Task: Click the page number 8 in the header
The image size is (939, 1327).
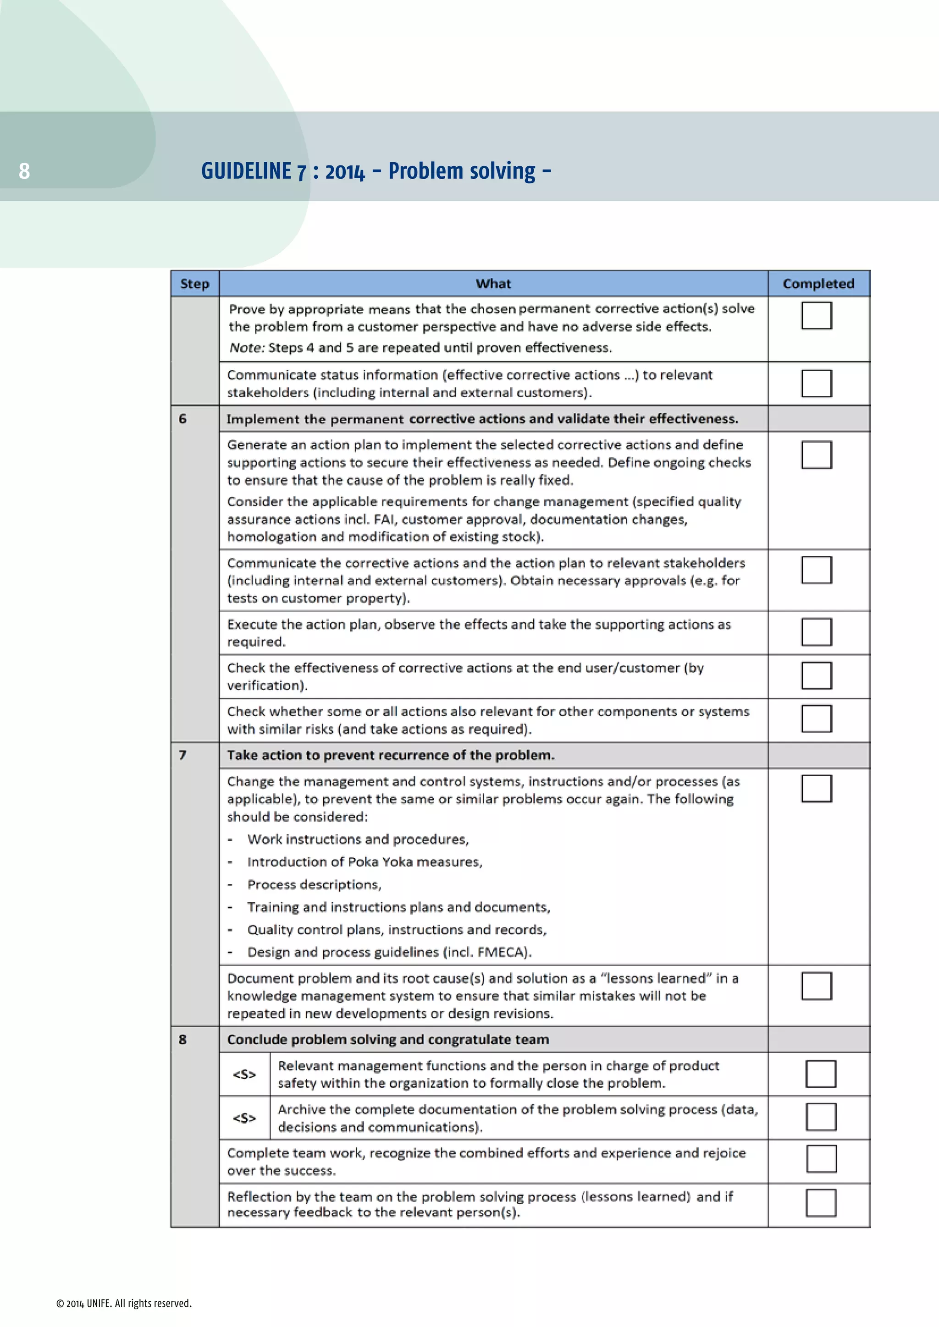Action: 24,171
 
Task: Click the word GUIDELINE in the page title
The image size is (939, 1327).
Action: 246,171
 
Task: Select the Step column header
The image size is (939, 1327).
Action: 194,284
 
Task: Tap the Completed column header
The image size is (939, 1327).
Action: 817,284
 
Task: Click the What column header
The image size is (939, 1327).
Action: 493,284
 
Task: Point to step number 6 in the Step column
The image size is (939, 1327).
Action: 183,419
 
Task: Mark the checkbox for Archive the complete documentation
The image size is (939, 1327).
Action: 820,1117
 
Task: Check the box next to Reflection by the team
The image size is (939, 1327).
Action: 820,1203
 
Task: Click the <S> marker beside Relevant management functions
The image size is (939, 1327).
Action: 244,1075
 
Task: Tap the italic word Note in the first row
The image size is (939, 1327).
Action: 246,348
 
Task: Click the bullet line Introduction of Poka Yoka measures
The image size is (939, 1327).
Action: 364,862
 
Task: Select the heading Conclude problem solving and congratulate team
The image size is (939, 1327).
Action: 387,1039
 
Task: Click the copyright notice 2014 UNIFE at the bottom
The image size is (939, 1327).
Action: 124,1303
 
